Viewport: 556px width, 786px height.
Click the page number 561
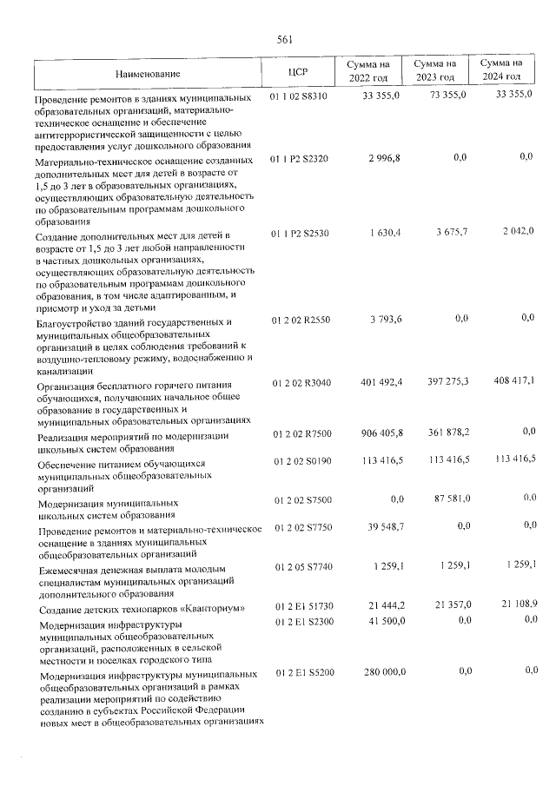coord(284,40)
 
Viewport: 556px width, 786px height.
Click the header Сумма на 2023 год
coord(434,71)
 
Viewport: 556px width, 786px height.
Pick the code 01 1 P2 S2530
coord(299,233)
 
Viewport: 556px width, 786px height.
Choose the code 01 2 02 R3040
coord(300,382)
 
